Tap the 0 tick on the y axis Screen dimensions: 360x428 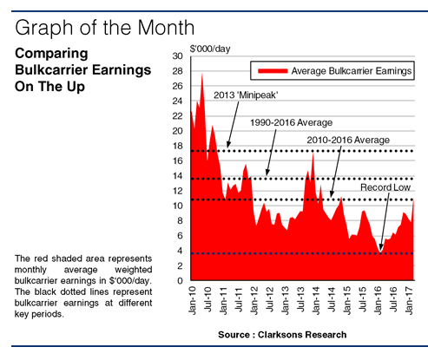click(x=179, y=282)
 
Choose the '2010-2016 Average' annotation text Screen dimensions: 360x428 click(x=347, y=139)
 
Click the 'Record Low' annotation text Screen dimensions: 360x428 click(x=385, y=187)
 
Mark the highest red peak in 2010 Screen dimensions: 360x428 click(x=202, y=75)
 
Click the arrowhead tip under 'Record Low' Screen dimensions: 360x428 click(x=380, y=252)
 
